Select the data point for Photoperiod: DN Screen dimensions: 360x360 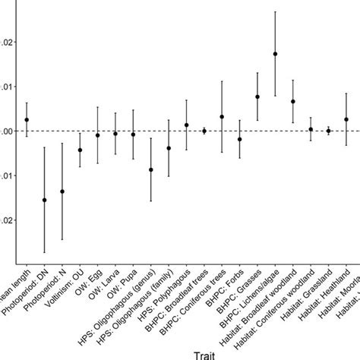pyautogui.click(x=44, y=200)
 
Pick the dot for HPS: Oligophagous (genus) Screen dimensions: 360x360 pyautogui.click(x=151, y=170)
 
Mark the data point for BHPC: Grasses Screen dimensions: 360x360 pyautogui.click(x=257, y=96)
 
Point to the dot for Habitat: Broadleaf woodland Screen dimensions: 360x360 pyautogui.click(x=293, y=101)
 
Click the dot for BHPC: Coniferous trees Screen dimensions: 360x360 pyautogui.click(x=222, y=117)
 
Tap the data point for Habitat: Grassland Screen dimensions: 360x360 pyautogui.click(x=329, y=131)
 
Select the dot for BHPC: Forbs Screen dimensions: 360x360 pyautogui.click(x=240, y=140)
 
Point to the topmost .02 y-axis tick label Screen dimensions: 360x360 pyautogui.click(x=7, y=41)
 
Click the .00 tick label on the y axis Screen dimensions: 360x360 pyautogui.click(x=7, y=131)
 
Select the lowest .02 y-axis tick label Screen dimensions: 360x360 pyautogui.click(x=7, y=220)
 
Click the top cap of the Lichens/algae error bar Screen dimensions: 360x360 pyautogui.click(x=275, y=11)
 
